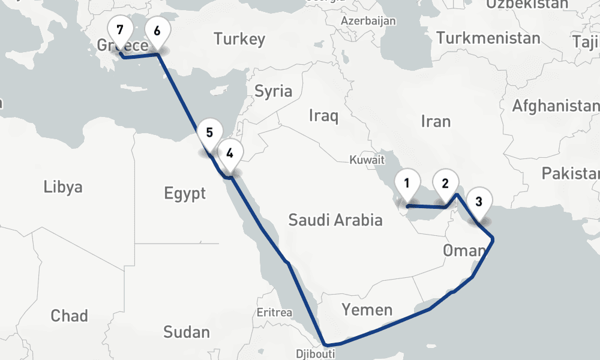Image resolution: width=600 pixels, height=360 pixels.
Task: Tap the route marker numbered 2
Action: coord(445,183)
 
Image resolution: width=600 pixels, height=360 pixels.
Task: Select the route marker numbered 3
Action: coord(479,201)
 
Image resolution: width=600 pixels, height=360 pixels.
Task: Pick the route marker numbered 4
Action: coord(230,152)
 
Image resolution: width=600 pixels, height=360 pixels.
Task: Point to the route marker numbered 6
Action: coord(157,31)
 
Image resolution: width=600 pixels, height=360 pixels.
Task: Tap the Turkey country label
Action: coord(239,40)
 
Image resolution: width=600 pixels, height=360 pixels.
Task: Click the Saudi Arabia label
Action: coord(335,220)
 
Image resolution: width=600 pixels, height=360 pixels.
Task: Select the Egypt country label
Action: coord(185,194)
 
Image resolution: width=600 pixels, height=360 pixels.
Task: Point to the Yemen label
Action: coord(367,310)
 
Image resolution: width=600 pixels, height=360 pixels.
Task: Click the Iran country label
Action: coord(436,121)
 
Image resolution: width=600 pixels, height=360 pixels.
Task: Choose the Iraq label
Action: coord(323,115)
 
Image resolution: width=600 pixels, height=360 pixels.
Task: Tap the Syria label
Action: coord(274,91)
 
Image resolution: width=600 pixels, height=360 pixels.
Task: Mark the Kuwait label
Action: coord(367,160)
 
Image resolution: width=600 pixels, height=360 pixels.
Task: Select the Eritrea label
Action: coord(274,313)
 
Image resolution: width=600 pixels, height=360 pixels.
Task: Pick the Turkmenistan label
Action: coord(488,38)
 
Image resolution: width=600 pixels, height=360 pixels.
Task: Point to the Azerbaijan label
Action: coord(368,21)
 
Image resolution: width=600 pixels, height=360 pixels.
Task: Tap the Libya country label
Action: coord(63,187)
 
